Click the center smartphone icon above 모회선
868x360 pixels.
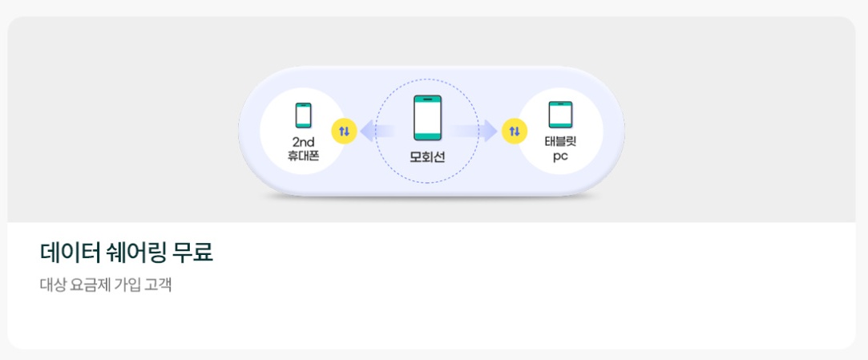pyautogui.click(x=427, y=118)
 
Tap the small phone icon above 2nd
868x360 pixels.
pyautogui.click(x=303, y=115)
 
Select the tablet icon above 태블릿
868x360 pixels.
pyautogui.click(x=560, y=115)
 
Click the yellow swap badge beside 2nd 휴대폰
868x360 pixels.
pyautogui.click(x=344, y=131)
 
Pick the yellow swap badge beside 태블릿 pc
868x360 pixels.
pyautogui.click(x=514, y=131)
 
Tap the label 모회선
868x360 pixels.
pyautogui.click(x=427, y=156)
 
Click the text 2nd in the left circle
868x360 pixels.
pyautogui.click(x=303, y=142)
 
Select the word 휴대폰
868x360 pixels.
pyautogui.click(x=303, y=156)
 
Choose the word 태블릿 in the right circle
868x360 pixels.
pyautogui.click(x=560, y=142)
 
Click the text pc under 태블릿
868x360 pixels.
pyautogui.click(x=560, y=156)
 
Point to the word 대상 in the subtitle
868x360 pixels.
pyautogui.click(x=52, y=285)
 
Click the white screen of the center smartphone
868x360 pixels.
pyautogui.click(x=427, y=119)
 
